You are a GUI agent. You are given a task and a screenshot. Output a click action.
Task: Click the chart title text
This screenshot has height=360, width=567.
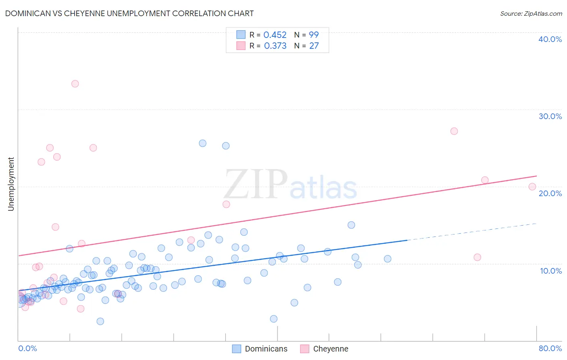(129, 13)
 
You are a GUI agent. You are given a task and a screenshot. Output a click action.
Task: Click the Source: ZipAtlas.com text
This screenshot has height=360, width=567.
(531, 13)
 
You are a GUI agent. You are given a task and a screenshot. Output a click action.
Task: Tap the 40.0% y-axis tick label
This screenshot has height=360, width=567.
(550, 39)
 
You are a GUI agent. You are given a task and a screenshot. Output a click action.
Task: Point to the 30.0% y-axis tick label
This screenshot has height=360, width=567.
(550, 116)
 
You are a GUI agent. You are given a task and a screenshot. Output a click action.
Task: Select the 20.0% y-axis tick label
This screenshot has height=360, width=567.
(550, 193)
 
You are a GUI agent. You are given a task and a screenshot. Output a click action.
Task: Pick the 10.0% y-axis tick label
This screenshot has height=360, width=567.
(550, 271)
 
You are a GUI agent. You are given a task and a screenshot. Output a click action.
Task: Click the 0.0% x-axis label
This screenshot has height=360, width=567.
(27, 348)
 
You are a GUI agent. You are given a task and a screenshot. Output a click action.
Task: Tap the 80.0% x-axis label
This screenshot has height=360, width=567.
(550, 348)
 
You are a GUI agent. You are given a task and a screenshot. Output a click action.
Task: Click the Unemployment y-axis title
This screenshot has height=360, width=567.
(11, 184)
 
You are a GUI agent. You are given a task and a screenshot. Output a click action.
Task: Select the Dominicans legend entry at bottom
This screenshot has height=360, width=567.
(260, 349)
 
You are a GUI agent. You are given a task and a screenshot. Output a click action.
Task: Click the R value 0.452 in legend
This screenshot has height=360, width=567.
(275, 35)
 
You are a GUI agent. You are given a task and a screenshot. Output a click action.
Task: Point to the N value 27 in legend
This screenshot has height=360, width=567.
(314, 46)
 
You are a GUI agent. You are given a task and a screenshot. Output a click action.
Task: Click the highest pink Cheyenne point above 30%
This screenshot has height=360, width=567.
(75, 84)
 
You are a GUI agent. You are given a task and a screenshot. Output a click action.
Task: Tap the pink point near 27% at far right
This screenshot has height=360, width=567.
(454, 131)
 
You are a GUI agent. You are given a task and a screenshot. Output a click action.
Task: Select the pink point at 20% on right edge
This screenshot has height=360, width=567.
(532, 186)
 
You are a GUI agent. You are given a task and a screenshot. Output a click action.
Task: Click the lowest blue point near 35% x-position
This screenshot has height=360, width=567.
(273, 319)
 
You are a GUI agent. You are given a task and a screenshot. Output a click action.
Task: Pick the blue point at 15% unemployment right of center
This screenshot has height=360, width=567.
(351, 225)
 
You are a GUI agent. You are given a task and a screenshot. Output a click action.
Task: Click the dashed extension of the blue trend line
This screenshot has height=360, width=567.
(472, 232)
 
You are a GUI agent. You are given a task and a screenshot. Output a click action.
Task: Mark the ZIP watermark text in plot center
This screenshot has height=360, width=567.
(256, 184)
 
